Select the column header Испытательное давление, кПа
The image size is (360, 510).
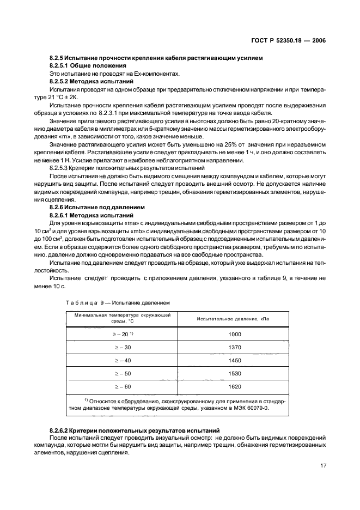(235, 318)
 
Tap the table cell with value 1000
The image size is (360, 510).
(235, 334)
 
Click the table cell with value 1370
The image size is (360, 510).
(235, 347)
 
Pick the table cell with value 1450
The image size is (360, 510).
(235, 360)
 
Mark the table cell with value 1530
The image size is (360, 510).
(235, 373)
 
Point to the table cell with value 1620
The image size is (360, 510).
(235, 386)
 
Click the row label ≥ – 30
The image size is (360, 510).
(123, 347)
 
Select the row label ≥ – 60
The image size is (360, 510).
(123, 386)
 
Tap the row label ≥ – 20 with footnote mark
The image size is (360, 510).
(124, 334)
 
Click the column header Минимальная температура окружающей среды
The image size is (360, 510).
(123, 318)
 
